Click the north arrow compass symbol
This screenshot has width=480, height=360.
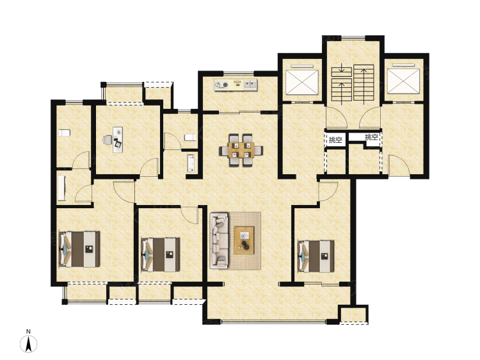point(28,344)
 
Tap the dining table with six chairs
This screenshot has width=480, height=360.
point(241,150)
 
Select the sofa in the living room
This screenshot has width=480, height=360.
point(219,241)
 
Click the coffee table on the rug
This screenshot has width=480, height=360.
point(244,240)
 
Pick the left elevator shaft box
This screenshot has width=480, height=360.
point(302,81)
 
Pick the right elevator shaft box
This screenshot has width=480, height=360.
point(403,81)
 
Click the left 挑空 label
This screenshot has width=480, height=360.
point(335,140)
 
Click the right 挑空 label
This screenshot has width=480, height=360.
point(371,137)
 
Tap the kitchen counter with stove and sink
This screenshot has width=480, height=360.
point(236,85)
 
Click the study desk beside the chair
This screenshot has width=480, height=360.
point(118,140)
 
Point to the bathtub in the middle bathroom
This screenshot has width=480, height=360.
point(191,163)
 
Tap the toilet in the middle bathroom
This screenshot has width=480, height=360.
point(190,137)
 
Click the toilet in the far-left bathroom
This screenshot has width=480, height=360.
point(64,133)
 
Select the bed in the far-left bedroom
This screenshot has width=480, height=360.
point(79,249)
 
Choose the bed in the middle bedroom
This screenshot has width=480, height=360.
point(160,254)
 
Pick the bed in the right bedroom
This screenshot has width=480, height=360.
point(316,256)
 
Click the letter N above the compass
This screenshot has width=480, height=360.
point(28,331)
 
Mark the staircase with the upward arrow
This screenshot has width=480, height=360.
point(364,83)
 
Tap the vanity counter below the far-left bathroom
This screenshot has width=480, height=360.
point(61,188)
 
